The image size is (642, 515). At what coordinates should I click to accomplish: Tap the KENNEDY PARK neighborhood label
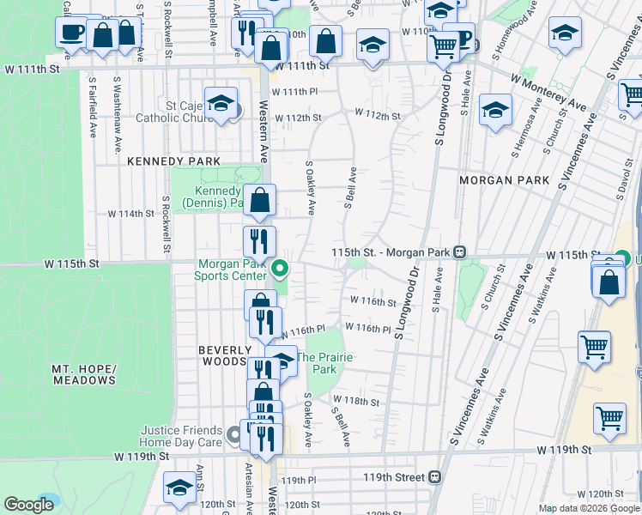(x=173, y=161)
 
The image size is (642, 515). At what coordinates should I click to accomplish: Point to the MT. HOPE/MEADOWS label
(x=83, y=373)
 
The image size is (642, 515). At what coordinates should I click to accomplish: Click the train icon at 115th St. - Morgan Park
(x=460, y=252)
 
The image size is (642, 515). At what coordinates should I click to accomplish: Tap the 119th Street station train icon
(x=435, y=476)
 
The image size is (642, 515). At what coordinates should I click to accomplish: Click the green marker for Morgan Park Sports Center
(x=279, y=270)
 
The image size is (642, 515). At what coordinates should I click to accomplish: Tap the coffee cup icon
(x=71, y=33)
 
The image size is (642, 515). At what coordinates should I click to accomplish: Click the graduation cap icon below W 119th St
(x=179, y=488)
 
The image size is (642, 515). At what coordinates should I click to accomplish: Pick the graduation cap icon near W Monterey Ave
(x=496, y=110)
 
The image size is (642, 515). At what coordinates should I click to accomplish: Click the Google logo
(x=29, y=505)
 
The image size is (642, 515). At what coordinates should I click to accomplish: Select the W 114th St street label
(x=130, y=214)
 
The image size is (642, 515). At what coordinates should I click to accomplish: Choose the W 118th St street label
(x=357, y=401)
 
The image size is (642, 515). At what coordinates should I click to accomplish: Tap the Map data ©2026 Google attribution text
(x=588, y=508)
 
